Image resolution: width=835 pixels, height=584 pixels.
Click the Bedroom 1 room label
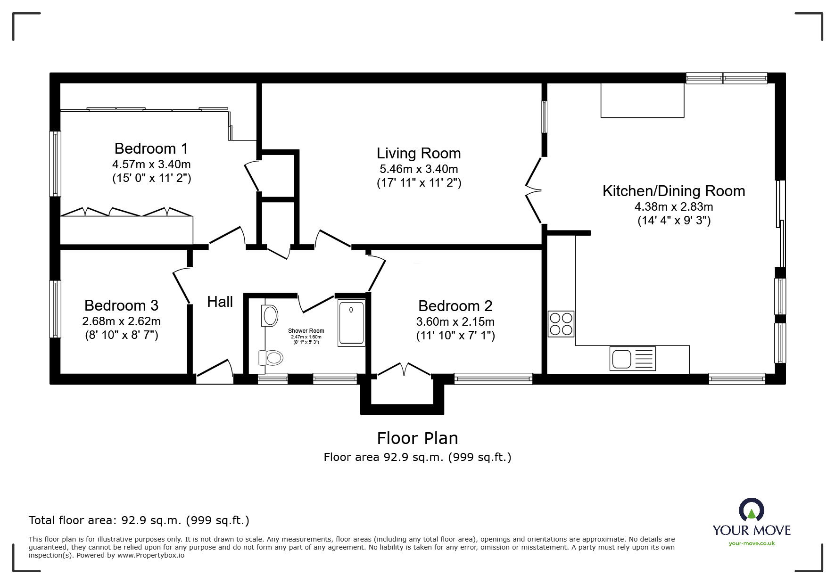click(x=151, y=148)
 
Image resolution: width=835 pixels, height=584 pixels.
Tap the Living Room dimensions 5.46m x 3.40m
click(x=419, y=169)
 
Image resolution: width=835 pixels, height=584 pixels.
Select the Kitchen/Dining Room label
click(x=673, y=191)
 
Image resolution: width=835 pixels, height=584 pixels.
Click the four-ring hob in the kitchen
click(x=561, y=324)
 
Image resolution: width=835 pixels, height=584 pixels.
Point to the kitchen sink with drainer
click(x=632, y=359)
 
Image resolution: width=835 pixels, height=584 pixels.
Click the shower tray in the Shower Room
click(x=351, y=323)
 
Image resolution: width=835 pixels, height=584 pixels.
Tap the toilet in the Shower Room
click(x=271, y=358)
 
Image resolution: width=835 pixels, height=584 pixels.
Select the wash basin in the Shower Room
click(x=270, y=315)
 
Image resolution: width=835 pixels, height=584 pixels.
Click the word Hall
click(x=220, y=302)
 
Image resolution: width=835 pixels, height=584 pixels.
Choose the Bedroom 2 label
click(x=455, y=306)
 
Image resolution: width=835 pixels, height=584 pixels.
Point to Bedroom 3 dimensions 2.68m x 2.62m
click(x=121, y=321)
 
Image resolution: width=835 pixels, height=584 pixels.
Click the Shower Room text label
click(x=306, y=331)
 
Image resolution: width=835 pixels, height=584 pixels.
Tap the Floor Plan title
click(x=417, y=438)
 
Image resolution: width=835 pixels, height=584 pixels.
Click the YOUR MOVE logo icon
click(x=751, y=510)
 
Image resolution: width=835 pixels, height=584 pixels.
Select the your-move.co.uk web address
click(x=751, y=543)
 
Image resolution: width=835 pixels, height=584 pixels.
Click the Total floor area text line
click(x=139, y=520)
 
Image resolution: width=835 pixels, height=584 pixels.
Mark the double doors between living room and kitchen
click(x=534, y=190)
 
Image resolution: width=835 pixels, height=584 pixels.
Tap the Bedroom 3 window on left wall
click(x=55, y=309)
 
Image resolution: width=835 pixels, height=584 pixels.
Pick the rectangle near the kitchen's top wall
click(x=642, y=100)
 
